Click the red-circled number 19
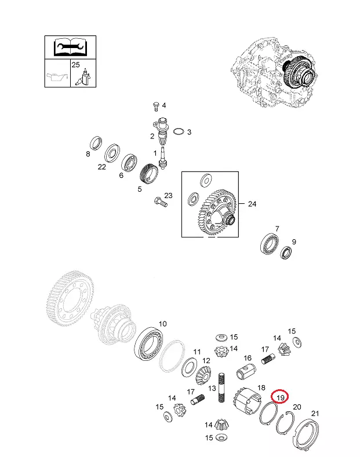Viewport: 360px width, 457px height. pyautogui.click(x=280, y=397)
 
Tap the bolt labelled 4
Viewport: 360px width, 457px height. pyautogui.click(x=156, y=107)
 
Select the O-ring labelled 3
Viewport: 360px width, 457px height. pyautogui.click(x=179, y=131)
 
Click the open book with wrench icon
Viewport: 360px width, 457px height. pyautogui.click(x=70, y=47)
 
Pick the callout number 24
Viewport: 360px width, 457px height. pyautogui.click(x=252, y=204)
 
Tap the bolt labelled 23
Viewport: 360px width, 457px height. pyautogui.click(x=161, y=202)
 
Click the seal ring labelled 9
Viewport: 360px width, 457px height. pyautogui.click(x=286, y=253)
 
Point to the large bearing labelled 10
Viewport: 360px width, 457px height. pyautogui.click(x=148, y=344)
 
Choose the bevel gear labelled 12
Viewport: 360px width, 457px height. pyautogui.click(x=203, y=376)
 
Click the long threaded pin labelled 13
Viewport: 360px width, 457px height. pyautogui.click(x=221, y=387)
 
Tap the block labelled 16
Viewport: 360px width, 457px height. pyautogui.click(x=246, y=372)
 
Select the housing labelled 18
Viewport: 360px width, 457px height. pyautogui.click(x=247, y=401)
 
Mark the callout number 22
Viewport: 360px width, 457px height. pyautogui.click(x=101, y=167)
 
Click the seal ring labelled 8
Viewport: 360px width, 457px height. pyautogui.click(x=96, y=142)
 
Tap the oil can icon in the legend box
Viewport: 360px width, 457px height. pyautogui.click(x=57, y=77)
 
